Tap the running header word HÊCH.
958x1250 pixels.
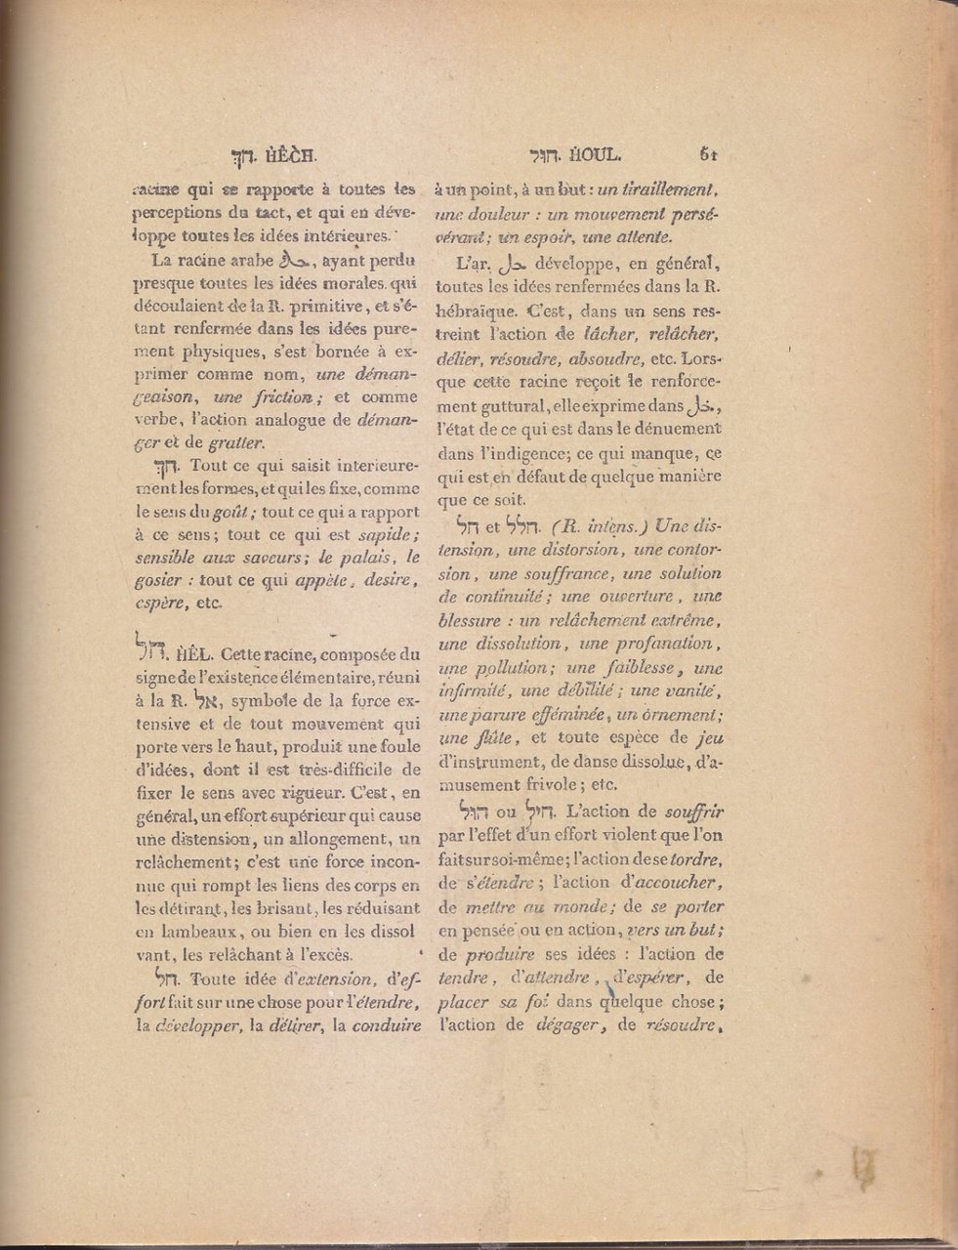coord(289,153)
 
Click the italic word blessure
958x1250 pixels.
coord(474,621)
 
